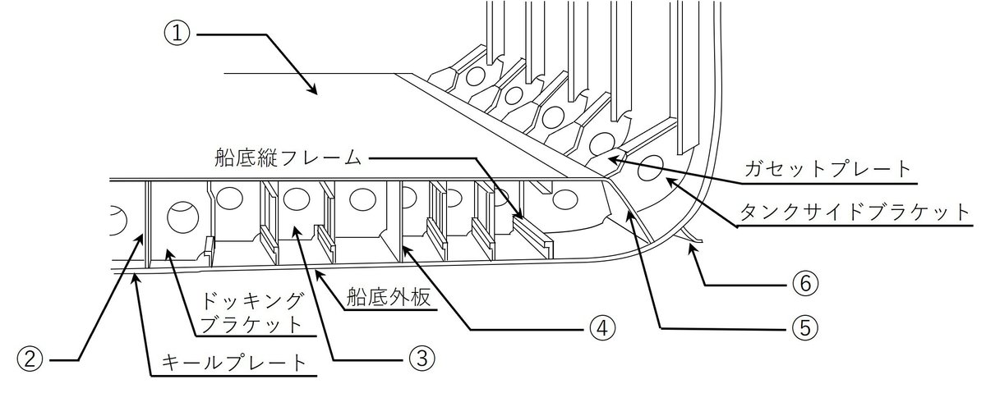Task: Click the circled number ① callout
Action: pos(177,34)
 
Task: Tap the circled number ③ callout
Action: pos(422,359)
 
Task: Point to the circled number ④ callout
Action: pos(601,328)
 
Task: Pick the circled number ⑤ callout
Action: pos(805,328)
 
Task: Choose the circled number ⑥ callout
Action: pos(805,284)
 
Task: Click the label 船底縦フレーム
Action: pos(288,158)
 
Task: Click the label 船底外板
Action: pos(388,298)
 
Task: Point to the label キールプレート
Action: pos(233,363)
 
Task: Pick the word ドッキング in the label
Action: pos(251,302)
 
